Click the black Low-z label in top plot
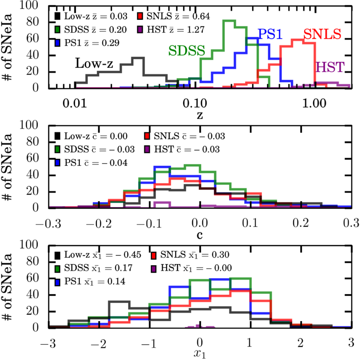click(x=94, y=63)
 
